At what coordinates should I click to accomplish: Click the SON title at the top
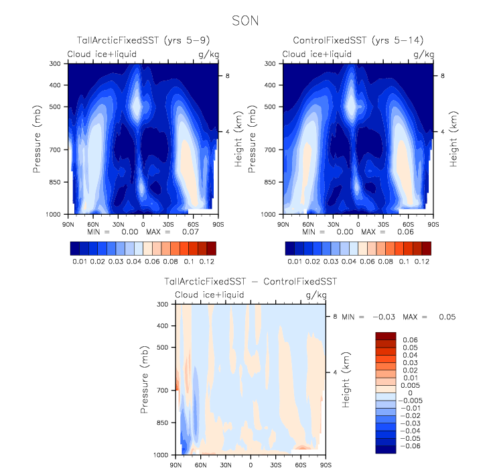click(245, 21)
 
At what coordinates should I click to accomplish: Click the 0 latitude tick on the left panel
click(143, 222)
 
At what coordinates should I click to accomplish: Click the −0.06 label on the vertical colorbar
click(409, 446)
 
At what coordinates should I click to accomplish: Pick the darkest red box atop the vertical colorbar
click(387, 335)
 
